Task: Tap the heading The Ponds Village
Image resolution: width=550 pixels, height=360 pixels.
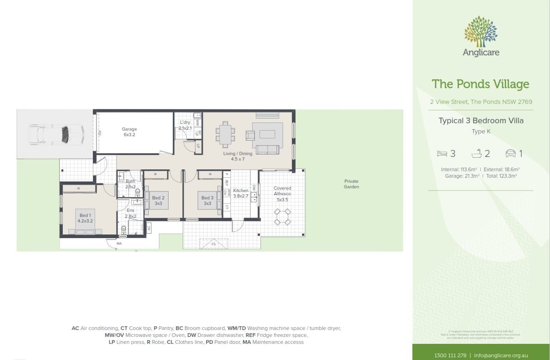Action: point(480,84)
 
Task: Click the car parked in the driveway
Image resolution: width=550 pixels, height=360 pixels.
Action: point(56,134)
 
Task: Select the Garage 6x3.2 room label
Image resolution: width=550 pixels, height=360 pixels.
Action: point(129,132)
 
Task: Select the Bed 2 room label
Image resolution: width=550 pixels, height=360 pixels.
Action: point(158,201)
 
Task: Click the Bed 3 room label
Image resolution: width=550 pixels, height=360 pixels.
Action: point(207,201)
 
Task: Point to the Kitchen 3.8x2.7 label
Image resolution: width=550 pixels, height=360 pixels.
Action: point(241,193)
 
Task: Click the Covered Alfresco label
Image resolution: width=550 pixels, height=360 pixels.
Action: point(282,193)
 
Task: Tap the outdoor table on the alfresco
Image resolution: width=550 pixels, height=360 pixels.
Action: point(282,216)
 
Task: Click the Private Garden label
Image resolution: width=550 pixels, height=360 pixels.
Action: point(351,184)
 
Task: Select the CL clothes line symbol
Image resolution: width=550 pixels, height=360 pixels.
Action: point(213,243)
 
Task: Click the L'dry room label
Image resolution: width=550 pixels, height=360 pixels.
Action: point(185,125)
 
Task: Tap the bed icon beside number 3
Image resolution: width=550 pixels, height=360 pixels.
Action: point(442,154)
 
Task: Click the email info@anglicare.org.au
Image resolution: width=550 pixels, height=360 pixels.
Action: point(501,355)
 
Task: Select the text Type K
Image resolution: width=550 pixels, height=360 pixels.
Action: point(480,132)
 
